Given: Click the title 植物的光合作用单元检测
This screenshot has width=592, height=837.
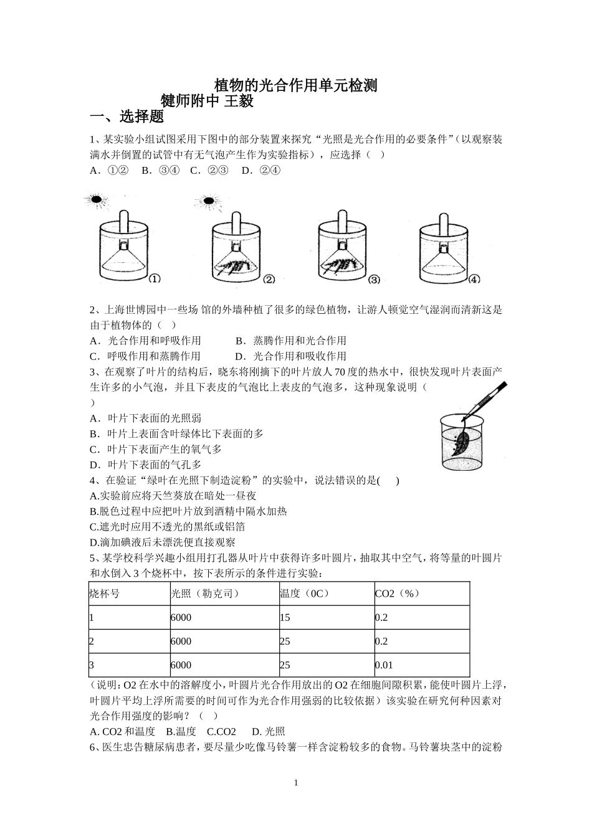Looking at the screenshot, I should (x=295, y=85).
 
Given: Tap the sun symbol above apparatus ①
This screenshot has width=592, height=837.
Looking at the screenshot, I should (x=96, y=200).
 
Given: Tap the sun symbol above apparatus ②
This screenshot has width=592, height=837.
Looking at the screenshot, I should (x=207, y=201).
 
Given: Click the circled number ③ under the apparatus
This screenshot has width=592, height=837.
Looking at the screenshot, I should (x=374, y=280).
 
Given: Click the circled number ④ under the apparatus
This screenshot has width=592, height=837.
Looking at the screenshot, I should (x=474, y=280).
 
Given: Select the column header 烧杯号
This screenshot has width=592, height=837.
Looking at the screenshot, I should (x=105, y=593).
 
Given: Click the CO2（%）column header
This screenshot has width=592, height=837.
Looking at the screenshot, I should (x=397, y=593).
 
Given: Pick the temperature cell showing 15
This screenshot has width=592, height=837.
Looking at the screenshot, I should (x=285, y=617).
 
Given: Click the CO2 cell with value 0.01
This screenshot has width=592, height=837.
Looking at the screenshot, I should (x=384, y=664).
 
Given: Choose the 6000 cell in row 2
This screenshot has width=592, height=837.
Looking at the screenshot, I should (x=181, y=641).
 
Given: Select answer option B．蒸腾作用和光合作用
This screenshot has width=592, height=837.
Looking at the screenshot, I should (x=291, y=341).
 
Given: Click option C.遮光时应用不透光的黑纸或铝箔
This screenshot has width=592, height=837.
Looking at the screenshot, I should (x=168, y=527).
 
